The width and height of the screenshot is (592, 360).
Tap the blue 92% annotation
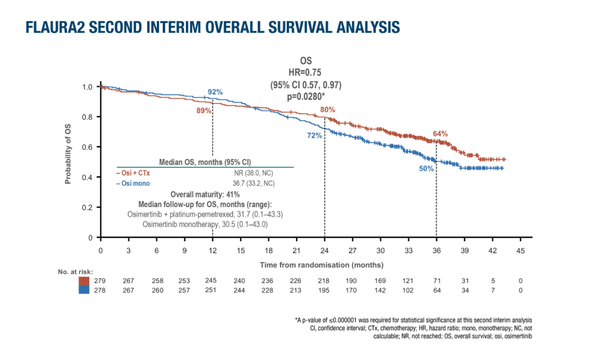[x=215, y=92]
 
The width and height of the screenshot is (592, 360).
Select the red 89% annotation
[x=204, y=111]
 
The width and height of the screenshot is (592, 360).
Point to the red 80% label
[x=328, y=109]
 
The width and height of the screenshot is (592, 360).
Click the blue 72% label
[x=314, y=136]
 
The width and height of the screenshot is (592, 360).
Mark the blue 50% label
[x=426, y=169]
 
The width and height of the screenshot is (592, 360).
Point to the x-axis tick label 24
[x=325, y=250]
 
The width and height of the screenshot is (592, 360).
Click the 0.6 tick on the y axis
[x=87, y=147]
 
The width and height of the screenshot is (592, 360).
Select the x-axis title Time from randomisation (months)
[x=314, y=265]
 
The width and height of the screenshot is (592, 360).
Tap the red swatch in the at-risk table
[x=84, y=281]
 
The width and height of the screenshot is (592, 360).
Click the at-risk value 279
[x=100, y=281]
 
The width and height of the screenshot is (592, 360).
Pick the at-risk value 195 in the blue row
[x=325, y=290]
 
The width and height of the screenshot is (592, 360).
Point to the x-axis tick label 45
[x=520, y=250]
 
